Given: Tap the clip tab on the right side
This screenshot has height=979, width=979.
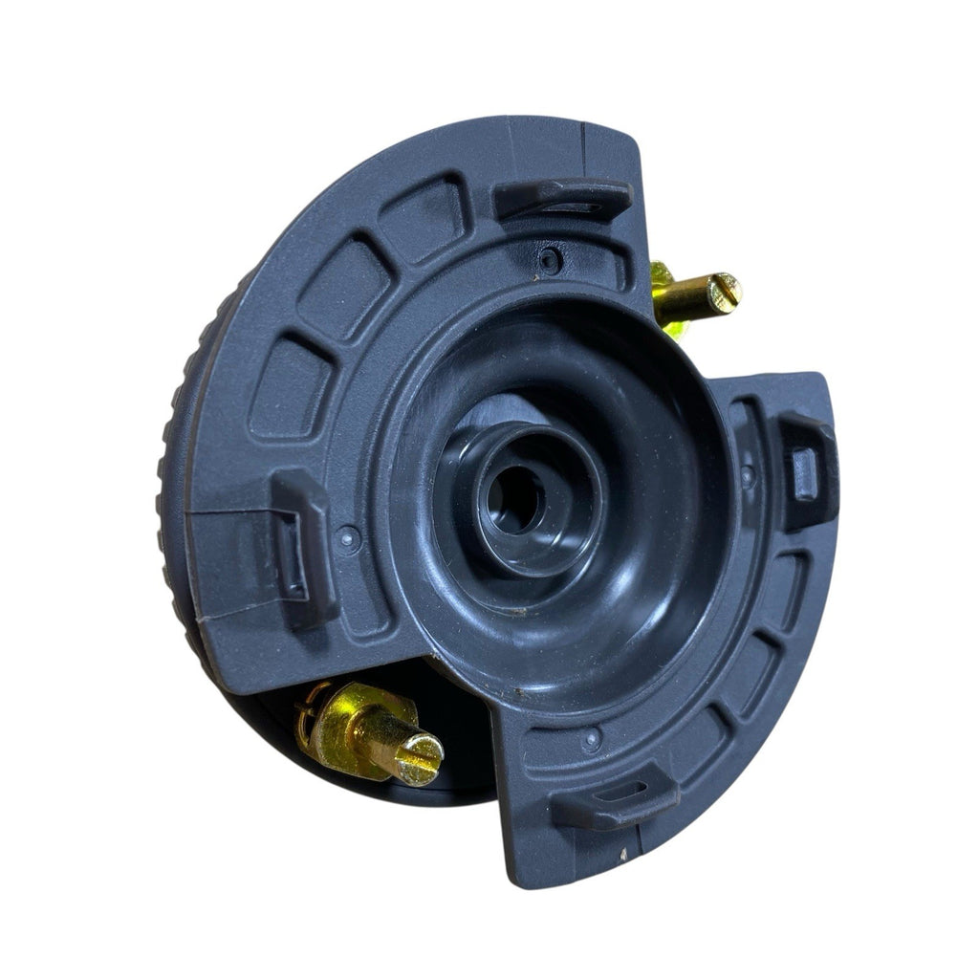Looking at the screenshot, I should tap(806, 470).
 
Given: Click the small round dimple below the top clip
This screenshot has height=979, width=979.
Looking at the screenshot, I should tap(549, 257).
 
